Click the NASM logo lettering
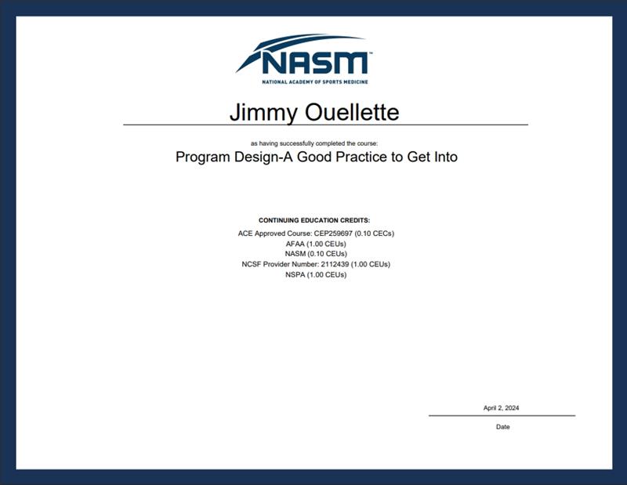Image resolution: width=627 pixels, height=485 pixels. [315, 63]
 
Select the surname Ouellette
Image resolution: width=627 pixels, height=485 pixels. [352, 112]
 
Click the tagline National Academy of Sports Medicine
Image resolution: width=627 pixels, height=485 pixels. [315, 82]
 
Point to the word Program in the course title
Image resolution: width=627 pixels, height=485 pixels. [203, 157]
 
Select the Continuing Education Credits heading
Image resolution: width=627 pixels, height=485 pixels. [314, 220]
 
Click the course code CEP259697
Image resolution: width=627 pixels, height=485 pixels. [333, 233]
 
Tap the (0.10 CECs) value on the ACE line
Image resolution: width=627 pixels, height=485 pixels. [375, 233]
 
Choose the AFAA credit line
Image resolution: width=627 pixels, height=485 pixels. [316, 244]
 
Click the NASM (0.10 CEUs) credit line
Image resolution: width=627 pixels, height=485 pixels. [316, 254]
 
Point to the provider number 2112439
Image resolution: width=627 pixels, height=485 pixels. [335, 264]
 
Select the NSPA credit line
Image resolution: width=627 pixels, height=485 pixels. [316, 275]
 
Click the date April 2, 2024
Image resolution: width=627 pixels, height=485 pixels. [501, 408]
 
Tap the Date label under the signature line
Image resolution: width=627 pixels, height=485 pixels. [502, 427]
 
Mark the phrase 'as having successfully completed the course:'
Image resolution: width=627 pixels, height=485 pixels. [314, 143]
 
